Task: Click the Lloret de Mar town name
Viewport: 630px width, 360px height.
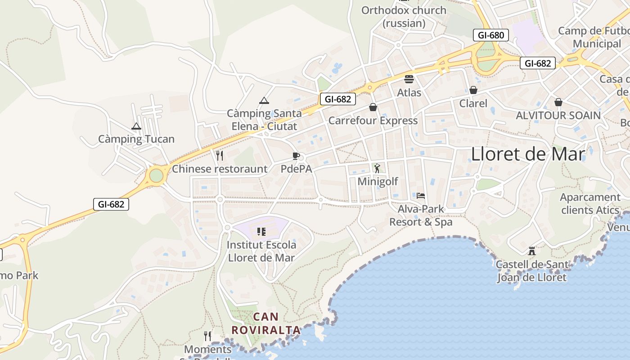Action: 528,154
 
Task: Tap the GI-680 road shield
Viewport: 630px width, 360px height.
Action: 491,35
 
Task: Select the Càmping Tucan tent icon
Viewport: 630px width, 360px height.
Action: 136,127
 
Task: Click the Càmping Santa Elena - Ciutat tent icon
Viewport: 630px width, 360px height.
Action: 264,101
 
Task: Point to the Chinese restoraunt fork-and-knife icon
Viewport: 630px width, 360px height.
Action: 220,156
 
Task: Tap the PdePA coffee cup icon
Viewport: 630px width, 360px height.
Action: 296,156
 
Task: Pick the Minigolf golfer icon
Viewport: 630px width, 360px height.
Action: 377,168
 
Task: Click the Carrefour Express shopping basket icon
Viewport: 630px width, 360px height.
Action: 373,107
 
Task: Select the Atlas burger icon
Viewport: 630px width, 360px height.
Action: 409,79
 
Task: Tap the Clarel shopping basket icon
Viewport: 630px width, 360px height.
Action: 473,90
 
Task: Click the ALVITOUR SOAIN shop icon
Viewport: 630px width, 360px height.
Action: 558,102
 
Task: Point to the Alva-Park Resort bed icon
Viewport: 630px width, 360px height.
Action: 421,195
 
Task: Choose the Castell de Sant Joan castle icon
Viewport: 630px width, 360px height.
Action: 532,251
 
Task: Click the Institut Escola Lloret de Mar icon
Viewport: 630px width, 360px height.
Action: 261,232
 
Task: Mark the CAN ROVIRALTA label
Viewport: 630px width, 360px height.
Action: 266,323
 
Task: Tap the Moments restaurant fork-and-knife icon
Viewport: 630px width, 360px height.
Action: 207,336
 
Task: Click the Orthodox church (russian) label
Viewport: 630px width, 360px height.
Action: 404,16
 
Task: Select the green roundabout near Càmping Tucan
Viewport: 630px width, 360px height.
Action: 156,175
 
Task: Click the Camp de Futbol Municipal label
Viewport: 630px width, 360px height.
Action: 594,37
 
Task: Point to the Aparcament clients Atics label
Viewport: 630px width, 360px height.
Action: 590,203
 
